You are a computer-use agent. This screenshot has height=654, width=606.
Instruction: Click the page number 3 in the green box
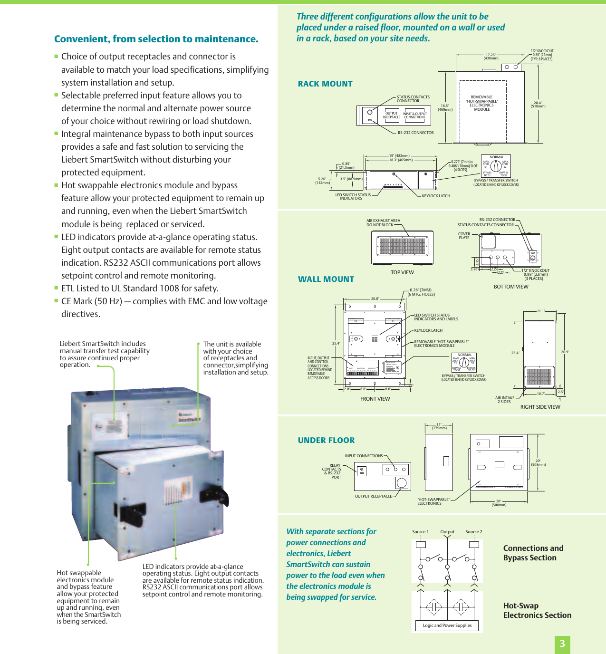[562, 644]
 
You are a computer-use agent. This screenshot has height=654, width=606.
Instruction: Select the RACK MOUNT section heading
[325, 84]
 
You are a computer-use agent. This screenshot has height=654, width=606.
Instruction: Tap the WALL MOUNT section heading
[326, 279]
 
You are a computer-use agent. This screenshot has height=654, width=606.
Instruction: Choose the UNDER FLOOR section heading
[326, 441]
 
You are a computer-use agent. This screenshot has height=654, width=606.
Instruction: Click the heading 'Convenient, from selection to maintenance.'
[156, 39]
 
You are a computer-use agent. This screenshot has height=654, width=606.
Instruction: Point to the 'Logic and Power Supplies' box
[447, 625]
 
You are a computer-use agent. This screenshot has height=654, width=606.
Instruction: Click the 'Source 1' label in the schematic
[420, 532]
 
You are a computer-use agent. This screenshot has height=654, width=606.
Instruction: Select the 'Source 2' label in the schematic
[473, 532]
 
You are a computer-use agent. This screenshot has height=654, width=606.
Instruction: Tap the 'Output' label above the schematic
[447, 532]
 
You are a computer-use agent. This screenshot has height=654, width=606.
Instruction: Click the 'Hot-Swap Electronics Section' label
[537, 610]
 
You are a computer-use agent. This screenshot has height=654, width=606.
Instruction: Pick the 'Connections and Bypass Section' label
[533, 553]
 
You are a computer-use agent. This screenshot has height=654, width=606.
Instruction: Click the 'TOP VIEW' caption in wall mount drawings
[402, 273]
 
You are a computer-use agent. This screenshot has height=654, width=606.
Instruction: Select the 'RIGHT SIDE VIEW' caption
[540, 407]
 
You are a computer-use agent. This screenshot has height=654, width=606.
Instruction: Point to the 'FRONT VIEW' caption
[375, 399]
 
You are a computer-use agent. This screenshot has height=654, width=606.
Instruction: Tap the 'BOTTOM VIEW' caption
[511, 287]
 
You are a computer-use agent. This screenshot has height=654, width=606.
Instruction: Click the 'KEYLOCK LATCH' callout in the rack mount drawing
[435, 196]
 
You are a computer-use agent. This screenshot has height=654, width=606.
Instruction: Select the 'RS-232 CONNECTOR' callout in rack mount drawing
[415, 133]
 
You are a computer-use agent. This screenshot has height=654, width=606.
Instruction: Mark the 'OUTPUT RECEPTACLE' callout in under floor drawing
[373, 496]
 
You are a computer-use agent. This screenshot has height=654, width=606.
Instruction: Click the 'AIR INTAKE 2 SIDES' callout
[504, 400]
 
